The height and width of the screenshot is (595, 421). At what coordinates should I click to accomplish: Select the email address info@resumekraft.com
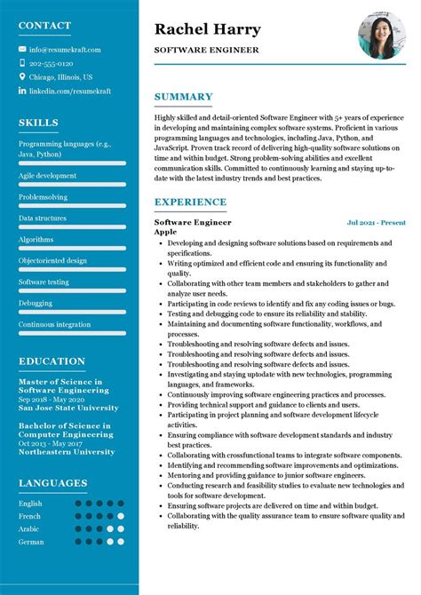tap(65, 50)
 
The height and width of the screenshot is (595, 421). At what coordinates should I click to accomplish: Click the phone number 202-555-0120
tap(51, 64)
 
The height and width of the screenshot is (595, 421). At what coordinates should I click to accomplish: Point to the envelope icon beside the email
tap(22, 50)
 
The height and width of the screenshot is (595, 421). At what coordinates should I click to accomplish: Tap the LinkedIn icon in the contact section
tap(22, 91)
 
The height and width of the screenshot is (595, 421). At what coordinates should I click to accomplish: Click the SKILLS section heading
tap(38, 123)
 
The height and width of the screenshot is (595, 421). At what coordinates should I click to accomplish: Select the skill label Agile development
tap(47, 176)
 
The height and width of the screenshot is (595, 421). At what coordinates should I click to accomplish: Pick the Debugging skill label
tap(36, 303)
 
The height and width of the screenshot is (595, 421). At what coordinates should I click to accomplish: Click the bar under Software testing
tap(72, 291)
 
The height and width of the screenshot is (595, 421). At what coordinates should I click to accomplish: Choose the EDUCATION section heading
tap(52, 361)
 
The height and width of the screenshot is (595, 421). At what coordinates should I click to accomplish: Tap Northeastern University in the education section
tap(67, 452)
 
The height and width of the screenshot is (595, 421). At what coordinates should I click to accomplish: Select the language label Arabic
tap(29, 528)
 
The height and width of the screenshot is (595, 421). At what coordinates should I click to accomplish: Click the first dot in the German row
tap(79, 541)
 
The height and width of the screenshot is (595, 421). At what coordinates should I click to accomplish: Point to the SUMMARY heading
tap(183, 97)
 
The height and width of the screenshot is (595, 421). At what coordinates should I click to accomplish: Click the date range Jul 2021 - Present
tap(376, 222)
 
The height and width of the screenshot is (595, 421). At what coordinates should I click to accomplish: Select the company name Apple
tap(165, 232)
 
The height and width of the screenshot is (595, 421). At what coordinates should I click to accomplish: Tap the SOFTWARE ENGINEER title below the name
tap(206, 51)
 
